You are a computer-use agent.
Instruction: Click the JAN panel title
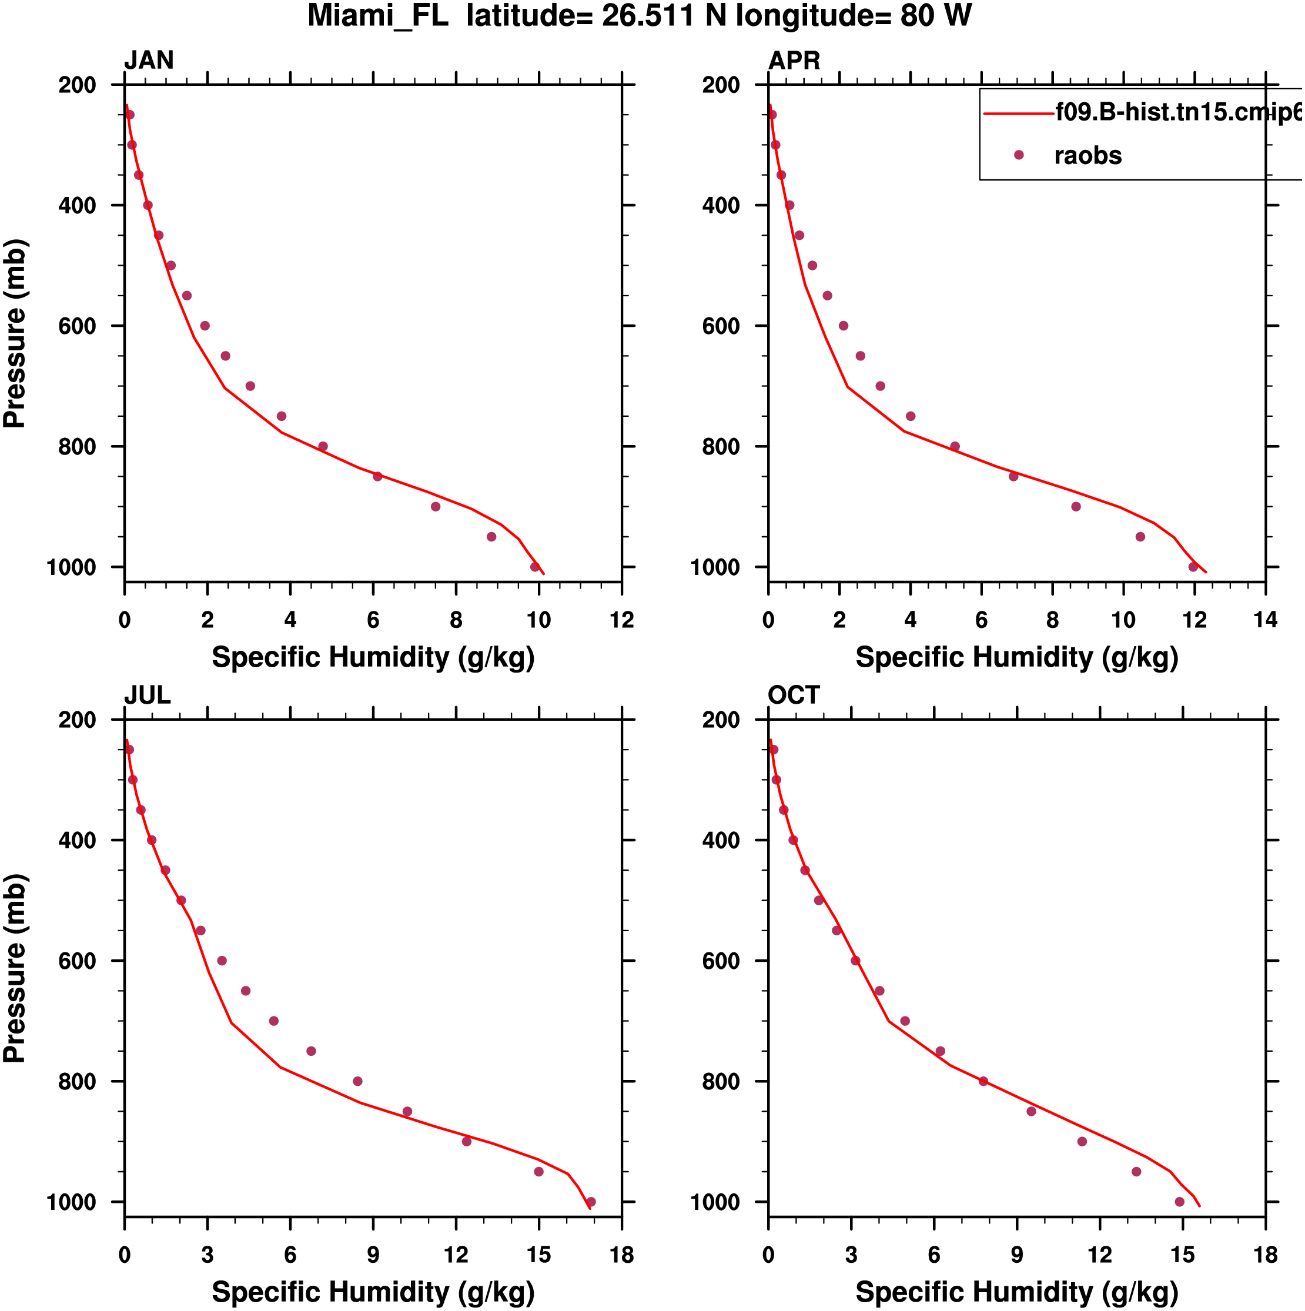pyautogui.click(x=149, y=61)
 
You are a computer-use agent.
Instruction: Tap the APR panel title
pyautogui.click(x=794, y=61)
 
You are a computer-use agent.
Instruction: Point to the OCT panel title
pyautogui.click(x=794, y=695)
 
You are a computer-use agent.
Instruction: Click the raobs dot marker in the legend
pyautogui.click(x=1019, y=155)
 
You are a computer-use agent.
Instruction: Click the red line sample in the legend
pyautogui.click(x=1019, y=113)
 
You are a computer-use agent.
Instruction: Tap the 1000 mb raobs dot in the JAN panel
pyautogui.click(x=535, y=567)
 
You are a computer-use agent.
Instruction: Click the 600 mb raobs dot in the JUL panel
pyautogui.click(x=222, y=961)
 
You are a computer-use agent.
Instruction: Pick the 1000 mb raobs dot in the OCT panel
pyautogui.click(x=1179, y=1202)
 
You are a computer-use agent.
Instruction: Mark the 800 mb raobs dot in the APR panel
pyautogui.click(x=955, y=446)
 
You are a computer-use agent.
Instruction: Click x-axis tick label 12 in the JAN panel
pyautogui.click(x=621, y=620)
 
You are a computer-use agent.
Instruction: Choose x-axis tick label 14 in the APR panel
pyautogui.click(x=1266, y=620)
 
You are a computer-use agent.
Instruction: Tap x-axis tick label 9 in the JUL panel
pyautogui.click(x=373, y=1255)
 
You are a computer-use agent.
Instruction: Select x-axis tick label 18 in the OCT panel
pyautogui.click(x=1266, y=1255)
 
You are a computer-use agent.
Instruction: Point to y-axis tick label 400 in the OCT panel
pyautogui.click(x=721, y=841)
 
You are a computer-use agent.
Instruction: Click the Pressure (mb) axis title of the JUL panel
pyautogui.click(x=15, y=968)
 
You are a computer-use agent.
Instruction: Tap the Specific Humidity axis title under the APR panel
pyautogui.click(x=1016, y=657)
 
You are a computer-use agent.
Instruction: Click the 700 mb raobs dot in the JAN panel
pyautogui.click(x=250, y=386)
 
